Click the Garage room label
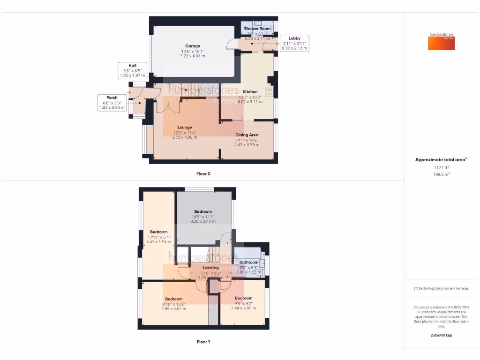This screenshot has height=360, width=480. (x=192, y=46)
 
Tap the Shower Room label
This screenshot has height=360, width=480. (x=257, y=29)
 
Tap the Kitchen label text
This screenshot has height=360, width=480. (x=250, y=92)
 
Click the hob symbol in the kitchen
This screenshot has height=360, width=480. (x=270, y=91)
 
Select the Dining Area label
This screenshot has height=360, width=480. (x=247, y=135)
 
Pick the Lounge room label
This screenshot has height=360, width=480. (x=185, y=127)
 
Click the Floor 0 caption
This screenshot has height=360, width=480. (x=203, y=174)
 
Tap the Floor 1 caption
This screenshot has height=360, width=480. (x=203, y=342)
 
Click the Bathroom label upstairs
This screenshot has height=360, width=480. (x=249, y=262)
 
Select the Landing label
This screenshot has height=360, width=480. (x=211, y=268)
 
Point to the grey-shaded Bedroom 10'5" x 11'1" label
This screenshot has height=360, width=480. (x=203, y=211)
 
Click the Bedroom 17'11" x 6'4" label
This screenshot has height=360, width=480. (x=159, y=232)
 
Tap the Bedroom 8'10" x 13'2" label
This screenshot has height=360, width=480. (x=173, y=299)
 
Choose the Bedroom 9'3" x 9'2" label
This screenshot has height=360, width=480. (x=244, y=298)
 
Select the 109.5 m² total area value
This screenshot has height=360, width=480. (x=441, y=174)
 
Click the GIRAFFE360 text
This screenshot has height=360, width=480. (x=441, y=336)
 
